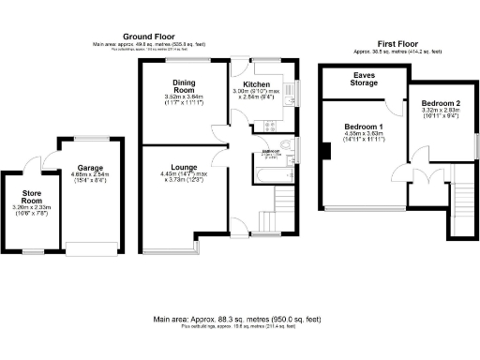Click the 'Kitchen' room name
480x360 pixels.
(x=257, y=84)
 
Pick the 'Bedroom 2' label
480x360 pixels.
(x=440, y=102)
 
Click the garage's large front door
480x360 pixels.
(x=90, y=248)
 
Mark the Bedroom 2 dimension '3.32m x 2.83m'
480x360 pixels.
(x=440, y=111)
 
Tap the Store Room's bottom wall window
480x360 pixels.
(x=33, y=252)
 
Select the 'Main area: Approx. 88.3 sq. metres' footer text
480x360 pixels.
(x=240, y=320)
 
